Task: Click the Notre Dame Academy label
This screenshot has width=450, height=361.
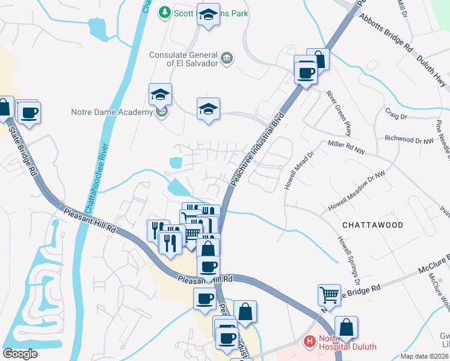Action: [112, 113]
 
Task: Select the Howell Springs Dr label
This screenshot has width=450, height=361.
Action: [348, 260]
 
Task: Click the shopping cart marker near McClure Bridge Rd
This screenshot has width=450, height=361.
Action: [329, 294]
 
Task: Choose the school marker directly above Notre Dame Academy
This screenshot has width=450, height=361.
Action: [161, 94]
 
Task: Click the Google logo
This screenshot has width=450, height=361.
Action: [20, 354]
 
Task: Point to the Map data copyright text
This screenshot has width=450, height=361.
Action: [424, 356]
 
